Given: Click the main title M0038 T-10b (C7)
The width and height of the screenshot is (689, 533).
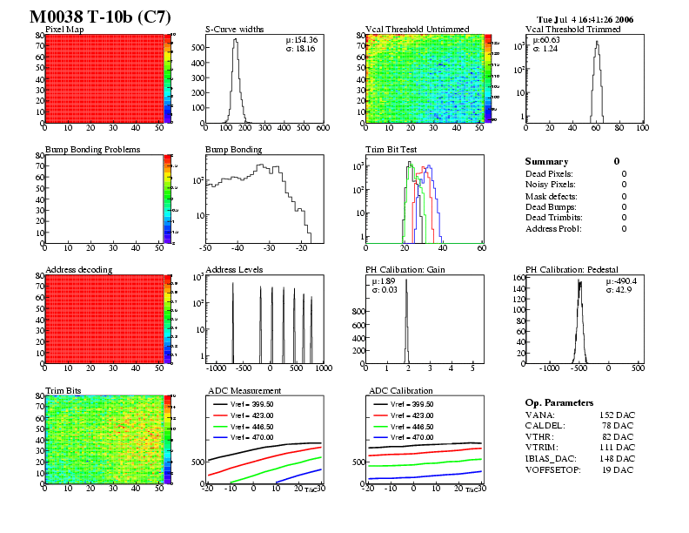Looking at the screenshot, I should (x=100, y=17).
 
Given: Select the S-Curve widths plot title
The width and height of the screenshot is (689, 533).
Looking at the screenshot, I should (x=236, y=30).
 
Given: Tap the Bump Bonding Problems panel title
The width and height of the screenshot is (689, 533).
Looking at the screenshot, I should (x=92, y=150).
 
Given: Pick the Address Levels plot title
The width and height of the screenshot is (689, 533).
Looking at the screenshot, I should (x=234, y=270).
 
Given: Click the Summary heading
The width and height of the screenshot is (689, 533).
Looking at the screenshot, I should (x=546, y=162).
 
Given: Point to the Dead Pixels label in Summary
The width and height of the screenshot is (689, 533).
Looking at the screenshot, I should (x=549, y=174).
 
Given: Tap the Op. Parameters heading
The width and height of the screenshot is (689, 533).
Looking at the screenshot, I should (x=559, y=403).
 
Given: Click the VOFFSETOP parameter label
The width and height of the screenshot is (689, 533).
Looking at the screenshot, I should (x=555, y=469).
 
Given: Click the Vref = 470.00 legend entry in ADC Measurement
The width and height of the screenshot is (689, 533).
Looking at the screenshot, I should (x=255, y=436).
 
